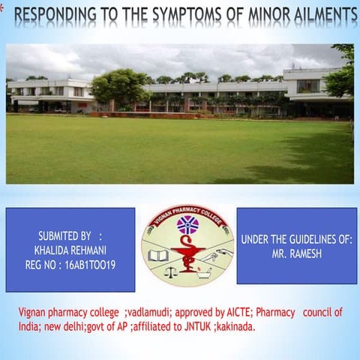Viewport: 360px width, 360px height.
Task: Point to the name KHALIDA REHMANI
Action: tap(70, 250)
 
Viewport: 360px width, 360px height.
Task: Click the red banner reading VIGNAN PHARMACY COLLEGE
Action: tap(187, 212)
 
